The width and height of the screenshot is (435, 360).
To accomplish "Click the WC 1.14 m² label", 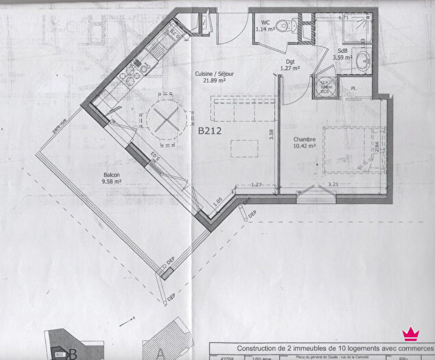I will tap(265, 26).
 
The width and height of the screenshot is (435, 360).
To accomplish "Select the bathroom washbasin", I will tap(363, 58).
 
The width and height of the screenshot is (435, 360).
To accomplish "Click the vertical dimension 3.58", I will tap(271, 134).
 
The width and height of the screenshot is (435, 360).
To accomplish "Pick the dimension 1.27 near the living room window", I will tap(257, 184).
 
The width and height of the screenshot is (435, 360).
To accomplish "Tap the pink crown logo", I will tap(410, 334).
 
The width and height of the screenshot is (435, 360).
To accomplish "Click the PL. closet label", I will tap(353, 88).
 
